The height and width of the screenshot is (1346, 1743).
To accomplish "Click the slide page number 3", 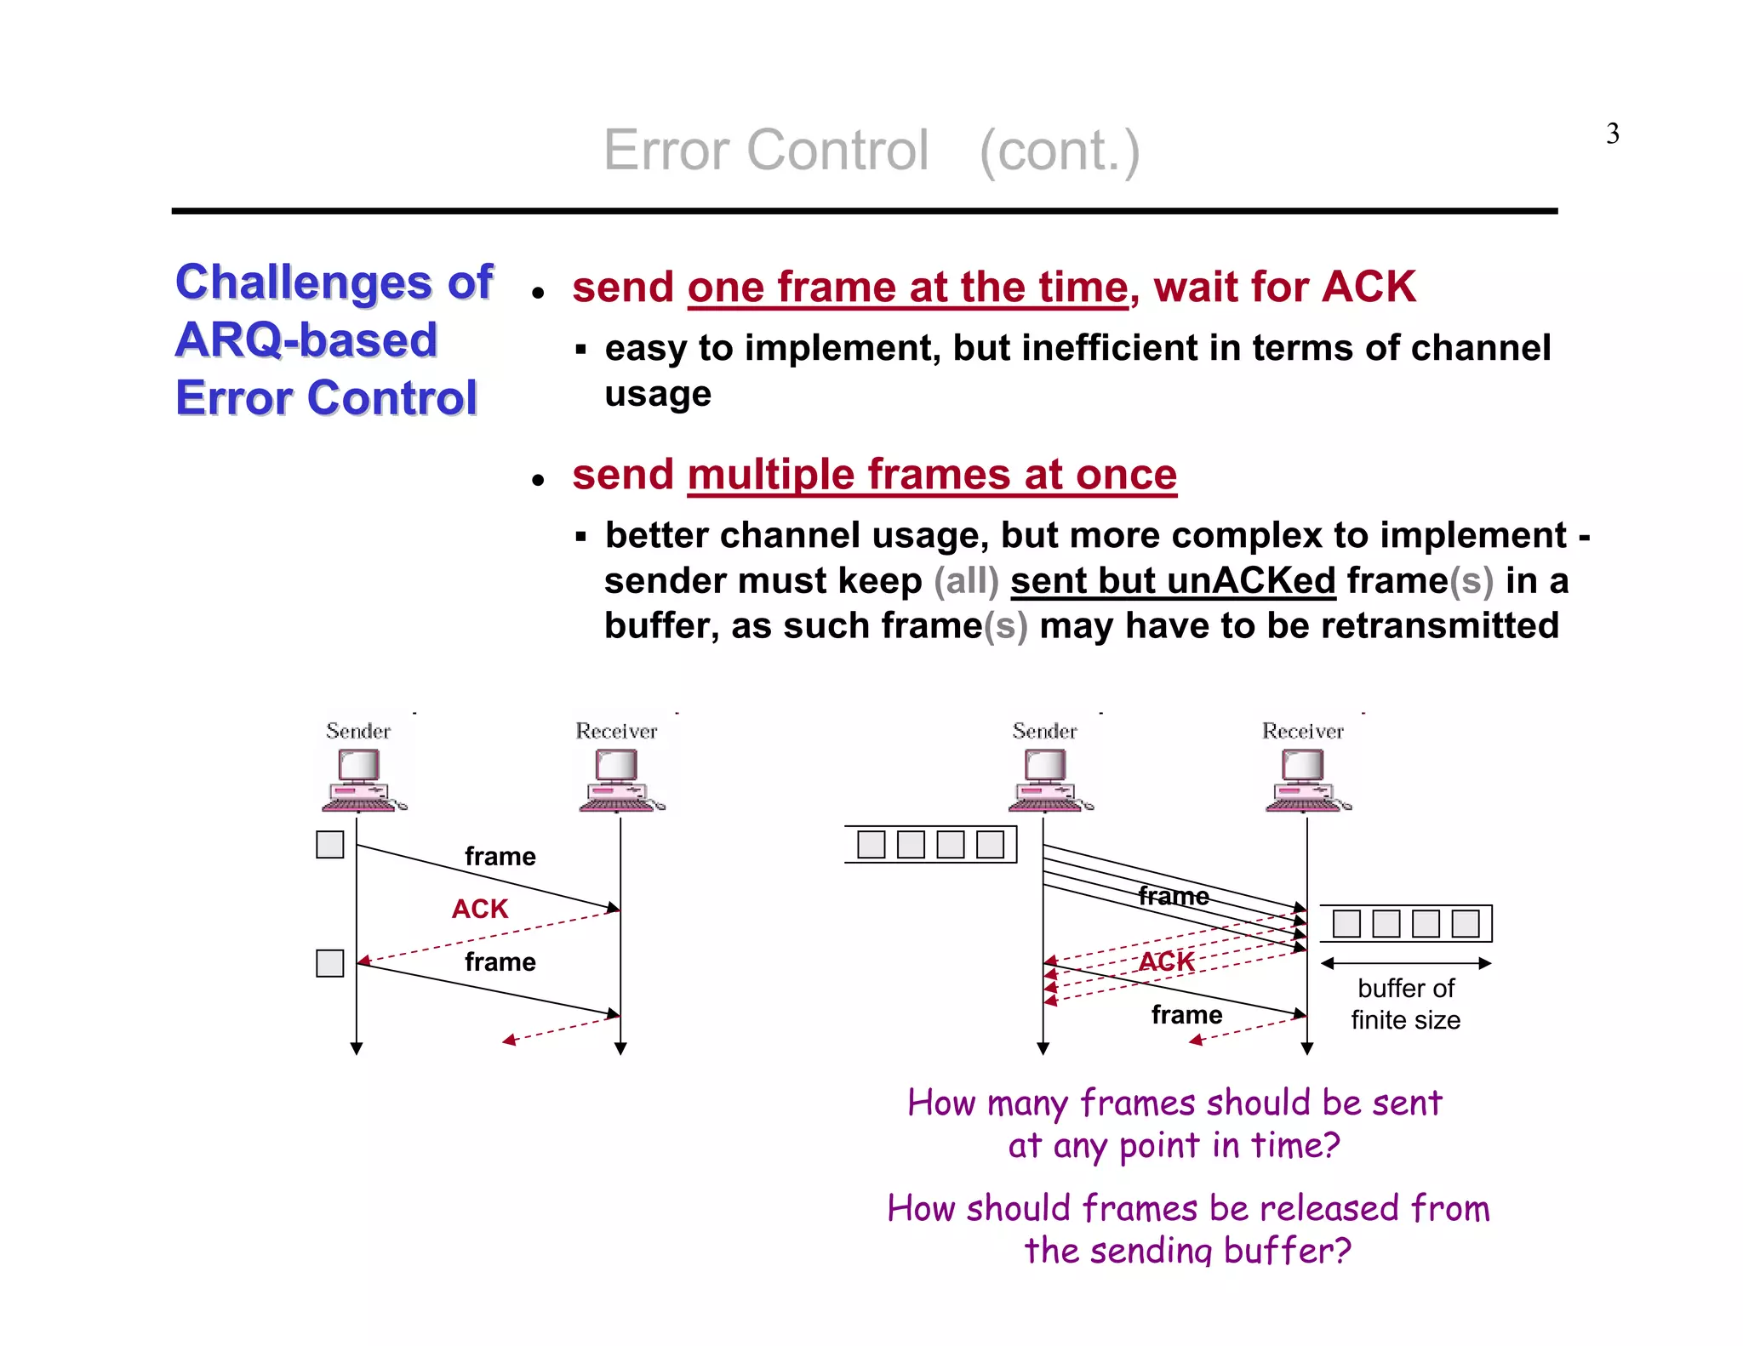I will tap(1612, 134).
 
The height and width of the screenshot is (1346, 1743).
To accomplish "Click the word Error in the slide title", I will tap(666, 151).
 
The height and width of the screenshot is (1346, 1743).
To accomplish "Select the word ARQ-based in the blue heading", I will tap(306, 339).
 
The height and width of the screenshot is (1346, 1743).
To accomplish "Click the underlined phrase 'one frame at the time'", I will tap(907, 287).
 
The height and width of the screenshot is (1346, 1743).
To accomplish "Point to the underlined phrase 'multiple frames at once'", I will tap(932, 474).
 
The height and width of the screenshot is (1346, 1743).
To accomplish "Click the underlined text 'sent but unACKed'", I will tap(1173, 580).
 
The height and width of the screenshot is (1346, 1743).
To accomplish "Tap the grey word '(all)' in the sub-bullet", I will tap(966, 580).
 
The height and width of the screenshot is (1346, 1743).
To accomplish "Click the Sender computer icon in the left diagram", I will tap(361, 779).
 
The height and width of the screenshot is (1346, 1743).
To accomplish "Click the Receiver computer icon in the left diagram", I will tap(619, 779).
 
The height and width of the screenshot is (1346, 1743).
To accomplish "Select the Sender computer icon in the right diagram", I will tap(1048, 779).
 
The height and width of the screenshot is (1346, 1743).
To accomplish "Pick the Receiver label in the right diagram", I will tap(1302, 731).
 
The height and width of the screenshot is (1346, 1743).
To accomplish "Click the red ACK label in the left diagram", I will tap(479, 909).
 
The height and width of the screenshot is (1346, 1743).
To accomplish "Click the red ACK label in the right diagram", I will tap(1166, 961).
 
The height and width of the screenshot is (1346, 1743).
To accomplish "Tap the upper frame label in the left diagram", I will tap(500, 856).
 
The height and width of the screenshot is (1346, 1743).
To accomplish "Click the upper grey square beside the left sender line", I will tap(329, 844).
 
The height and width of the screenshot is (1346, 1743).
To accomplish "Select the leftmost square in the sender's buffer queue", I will tap(871, 844).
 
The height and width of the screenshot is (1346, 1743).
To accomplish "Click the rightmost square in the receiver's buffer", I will tap(1465, 923).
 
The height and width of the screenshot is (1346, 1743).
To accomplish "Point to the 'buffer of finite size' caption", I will tap(1405, 1004).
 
